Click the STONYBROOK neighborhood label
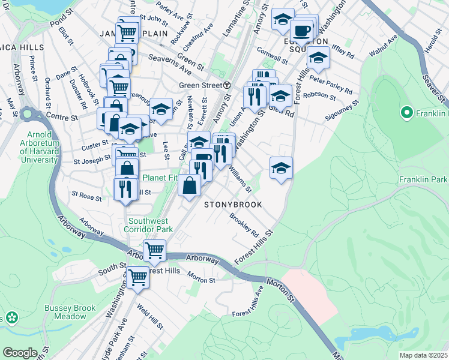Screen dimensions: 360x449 (233, 205)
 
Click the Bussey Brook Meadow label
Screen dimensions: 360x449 (70, 312)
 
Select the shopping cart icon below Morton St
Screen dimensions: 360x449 (138, 277)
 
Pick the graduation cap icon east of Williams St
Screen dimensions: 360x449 (281, 168)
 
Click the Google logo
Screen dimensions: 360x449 (20, 352)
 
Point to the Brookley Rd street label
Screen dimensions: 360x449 (244, 225)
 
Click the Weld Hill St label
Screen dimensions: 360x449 (150, 317)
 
